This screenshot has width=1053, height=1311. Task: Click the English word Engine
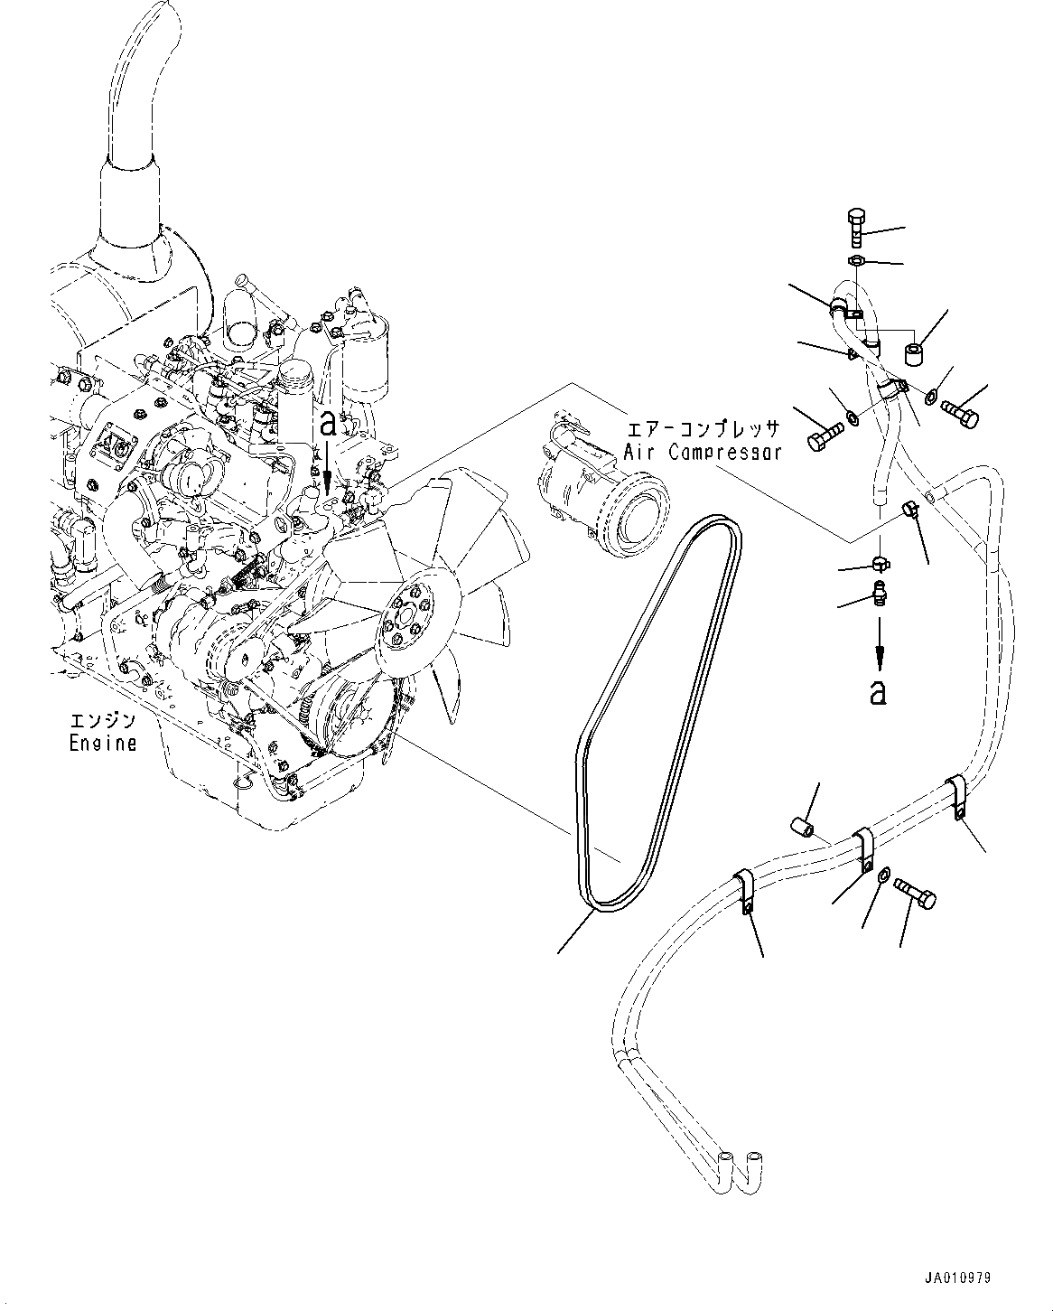(x=103, y=744)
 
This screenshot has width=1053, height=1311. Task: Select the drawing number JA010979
(x=957, y=1278)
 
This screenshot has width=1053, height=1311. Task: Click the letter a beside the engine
(x=330, y=424)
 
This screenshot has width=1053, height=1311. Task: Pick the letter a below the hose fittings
(x=877, y=691)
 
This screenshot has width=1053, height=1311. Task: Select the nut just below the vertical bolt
(x=857, y=261)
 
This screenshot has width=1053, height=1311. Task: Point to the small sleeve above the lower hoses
(x=802, y=824)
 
